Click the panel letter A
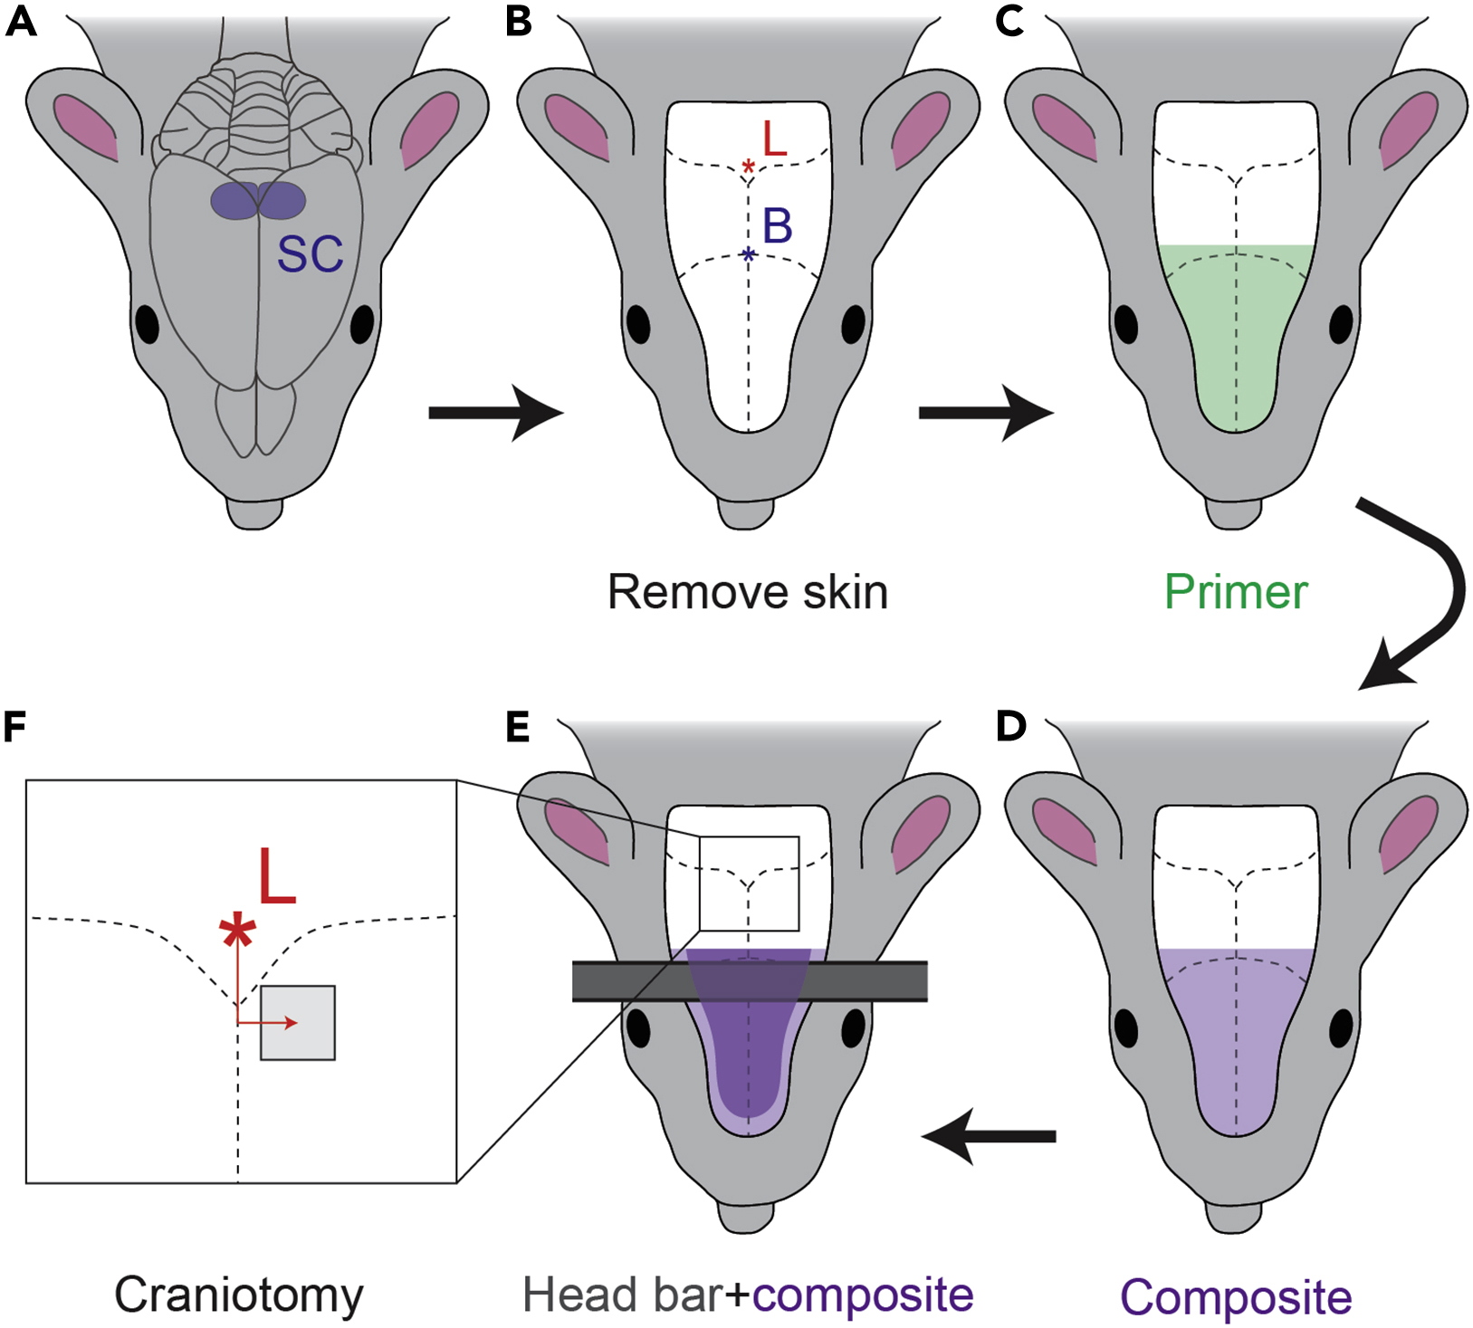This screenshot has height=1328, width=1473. (x=21, y=21)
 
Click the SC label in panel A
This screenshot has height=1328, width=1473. (x=310, y=255)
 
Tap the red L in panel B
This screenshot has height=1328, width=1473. (x=775, y=139)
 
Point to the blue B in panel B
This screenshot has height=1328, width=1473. (x=777, y=226)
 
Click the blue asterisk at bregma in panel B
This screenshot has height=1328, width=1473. (x=748, y=255)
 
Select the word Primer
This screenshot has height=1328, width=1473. (x=1236, y=592)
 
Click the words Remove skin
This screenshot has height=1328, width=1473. (x=748, y=592)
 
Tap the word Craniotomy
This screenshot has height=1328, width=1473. (x=238, y=1295)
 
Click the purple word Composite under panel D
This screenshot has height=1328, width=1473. (x=1236, y=1296)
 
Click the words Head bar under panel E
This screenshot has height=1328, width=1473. (x=621, y=1295)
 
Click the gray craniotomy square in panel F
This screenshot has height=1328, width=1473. (x=298, y=1023)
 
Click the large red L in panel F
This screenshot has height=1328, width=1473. (x=277, y=876)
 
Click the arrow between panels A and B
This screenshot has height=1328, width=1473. (x=495, y=413)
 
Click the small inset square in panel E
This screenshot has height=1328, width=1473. (x=749, y=884)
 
